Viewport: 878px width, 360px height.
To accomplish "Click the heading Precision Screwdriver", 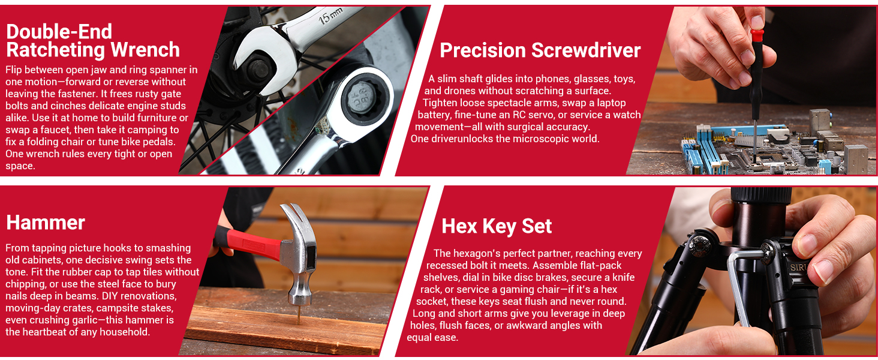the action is [540, 50].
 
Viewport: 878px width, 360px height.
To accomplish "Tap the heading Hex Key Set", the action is [497, 226].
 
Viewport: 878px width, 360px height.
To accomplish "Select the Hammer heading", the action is [46, 223].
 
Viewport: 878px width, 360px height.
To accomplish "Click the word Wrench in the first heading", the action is [145, 50].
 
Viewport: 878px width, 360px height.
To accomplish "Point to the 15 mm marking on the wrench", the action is [330, 16].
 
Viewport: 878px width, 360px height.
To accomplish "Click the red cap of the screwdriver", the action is [757, 35].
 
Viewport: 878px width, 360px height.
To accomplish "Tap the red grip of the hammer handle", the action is [248, 242].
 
